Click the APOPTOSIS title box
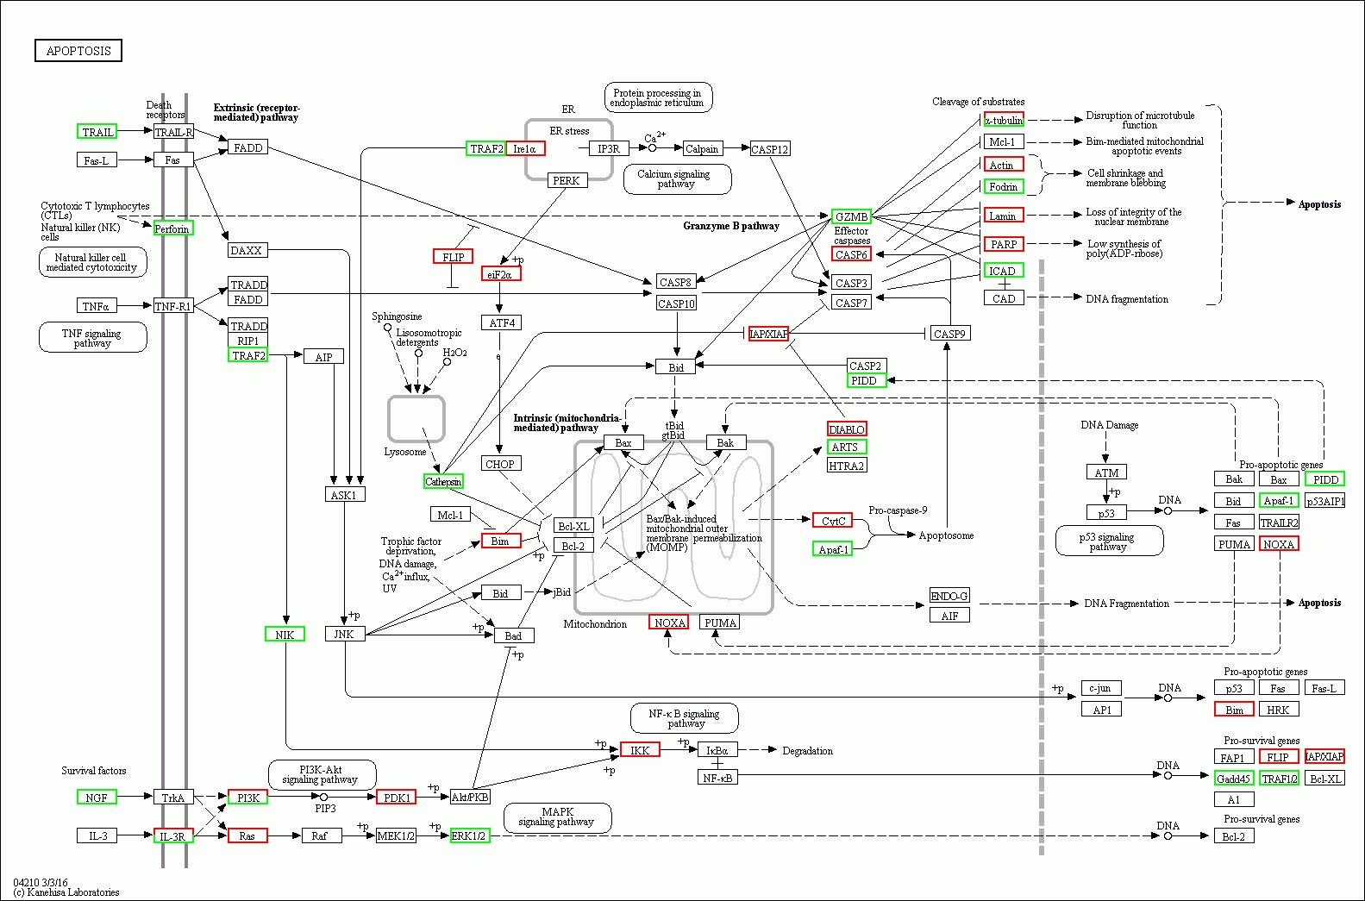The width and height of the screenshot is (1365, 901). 78,51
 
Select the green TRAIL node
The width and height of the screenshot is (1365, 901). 97,132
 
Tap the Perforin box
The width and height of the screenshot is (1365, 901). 172,228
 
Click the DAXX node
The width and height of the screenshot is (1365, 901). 247,251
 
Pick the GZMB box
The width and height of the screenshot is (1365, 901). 851,216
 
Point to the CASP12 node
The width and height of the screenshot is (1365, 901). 769,149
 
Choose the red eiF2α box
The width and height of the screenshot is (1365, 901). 500,274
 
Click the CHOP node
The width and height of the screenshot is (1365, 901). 500,464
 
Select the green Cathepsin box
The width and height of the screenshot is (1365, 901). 443,481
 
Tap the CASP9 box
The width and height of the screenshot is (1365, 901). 949,334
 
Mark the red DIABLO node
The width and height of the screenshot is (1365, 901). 846,429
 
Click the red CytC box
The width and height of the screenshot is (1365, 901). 832,521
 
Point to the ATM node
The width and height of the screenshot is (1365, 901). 1105,472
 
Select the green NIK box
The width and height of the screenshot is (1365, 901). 285,635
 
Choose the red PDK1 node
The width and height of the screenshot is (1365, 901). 396,798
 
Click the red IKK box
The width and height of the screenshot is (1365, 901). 640,750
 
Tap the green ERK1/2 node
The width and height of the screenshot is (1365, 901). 470,835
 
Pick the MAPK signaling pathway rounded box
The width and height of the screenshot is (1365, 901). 557,817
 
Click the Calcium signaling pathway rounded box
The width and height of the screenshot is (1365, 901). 677,179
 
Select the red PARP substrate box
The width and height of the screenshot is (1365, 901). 1003,244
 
